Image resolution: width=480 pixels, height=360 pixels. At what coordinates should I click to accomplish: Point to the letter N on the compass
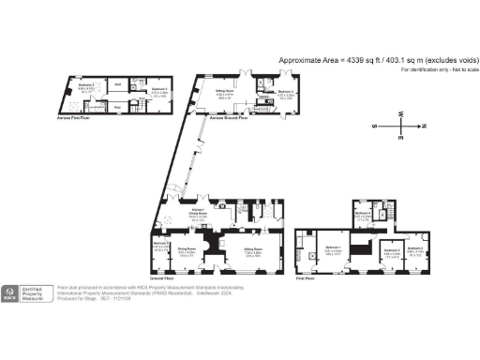(424, 125)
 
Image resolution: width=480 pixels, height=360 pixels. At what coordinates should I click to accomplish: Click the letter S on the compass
(374, 125)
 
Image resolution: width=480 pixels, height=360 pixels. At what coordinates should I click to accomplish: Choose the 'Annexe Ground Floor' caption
(228, 119)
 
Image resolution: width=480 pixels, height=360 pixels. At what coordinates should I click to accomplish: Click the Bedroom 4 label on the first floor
(415, 251)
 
